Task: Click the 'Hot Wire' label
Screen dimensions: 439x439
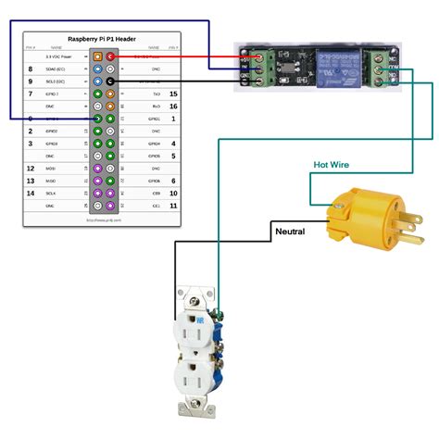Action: coord(332,164)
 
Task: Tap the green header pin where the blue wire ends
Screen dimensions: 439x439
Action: coord(98,119)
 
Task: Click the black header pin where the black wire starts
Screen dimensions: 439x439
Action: coord(110,82)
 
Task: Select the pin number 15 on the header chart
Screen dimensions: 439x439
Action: coord(173,94)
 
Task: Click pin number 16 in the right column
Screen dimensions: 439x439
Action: coord(173,107)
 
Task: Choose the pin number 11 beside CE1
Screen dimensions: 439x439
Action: coord(173,206)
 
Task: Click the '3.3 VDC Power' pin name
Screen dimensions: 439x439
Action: coord(61,56)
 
